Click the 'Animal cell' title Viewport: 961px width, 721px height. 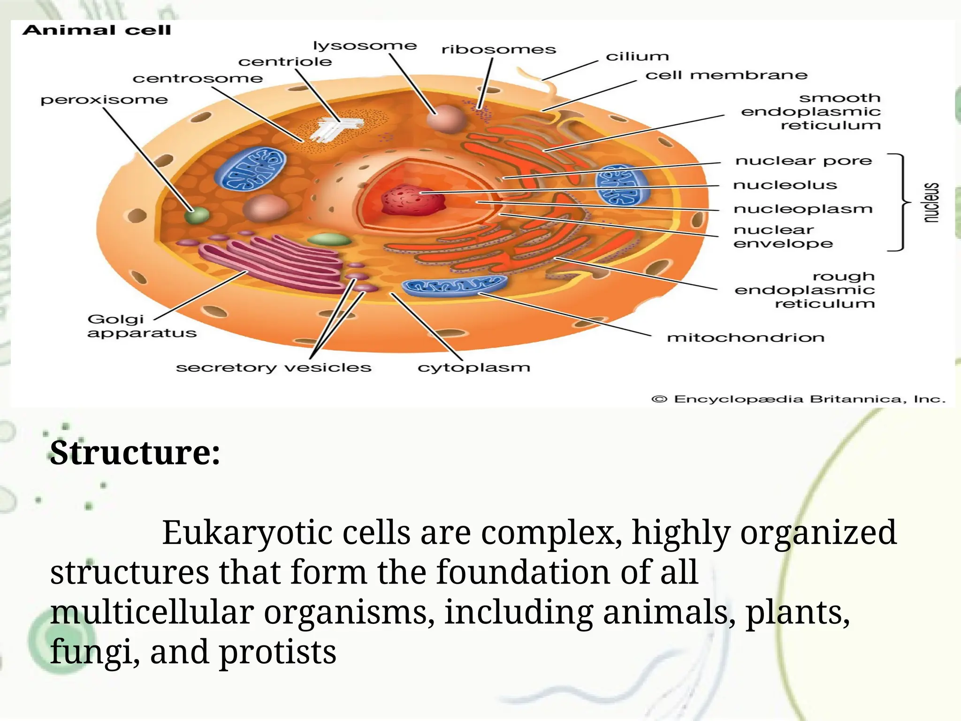(x=97, y=31)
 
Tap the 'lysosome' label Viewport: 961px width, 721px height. (x=365, y=46)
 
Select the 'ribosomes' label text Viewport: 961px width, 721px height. (x=498, y=50)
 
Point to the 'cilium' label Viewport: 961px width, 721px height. (x=637, y=57)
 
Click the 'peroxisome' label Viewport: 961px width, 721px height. (x=104, y=100)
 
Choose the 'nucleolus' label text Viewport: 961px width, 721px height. (x=785, y=185)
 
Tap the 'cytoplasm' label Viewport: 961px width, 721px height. (x=474, y=368)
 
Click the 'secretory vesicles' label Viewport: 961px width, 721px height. (x=274, y=368)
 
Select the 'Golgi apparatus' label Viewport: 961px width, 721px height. (x=141, y=326)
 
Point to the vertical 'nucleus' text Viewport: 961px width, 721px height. (x=931, y=202)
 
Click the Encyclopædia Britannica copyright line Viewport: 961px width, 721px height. (x=798, y=399)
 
